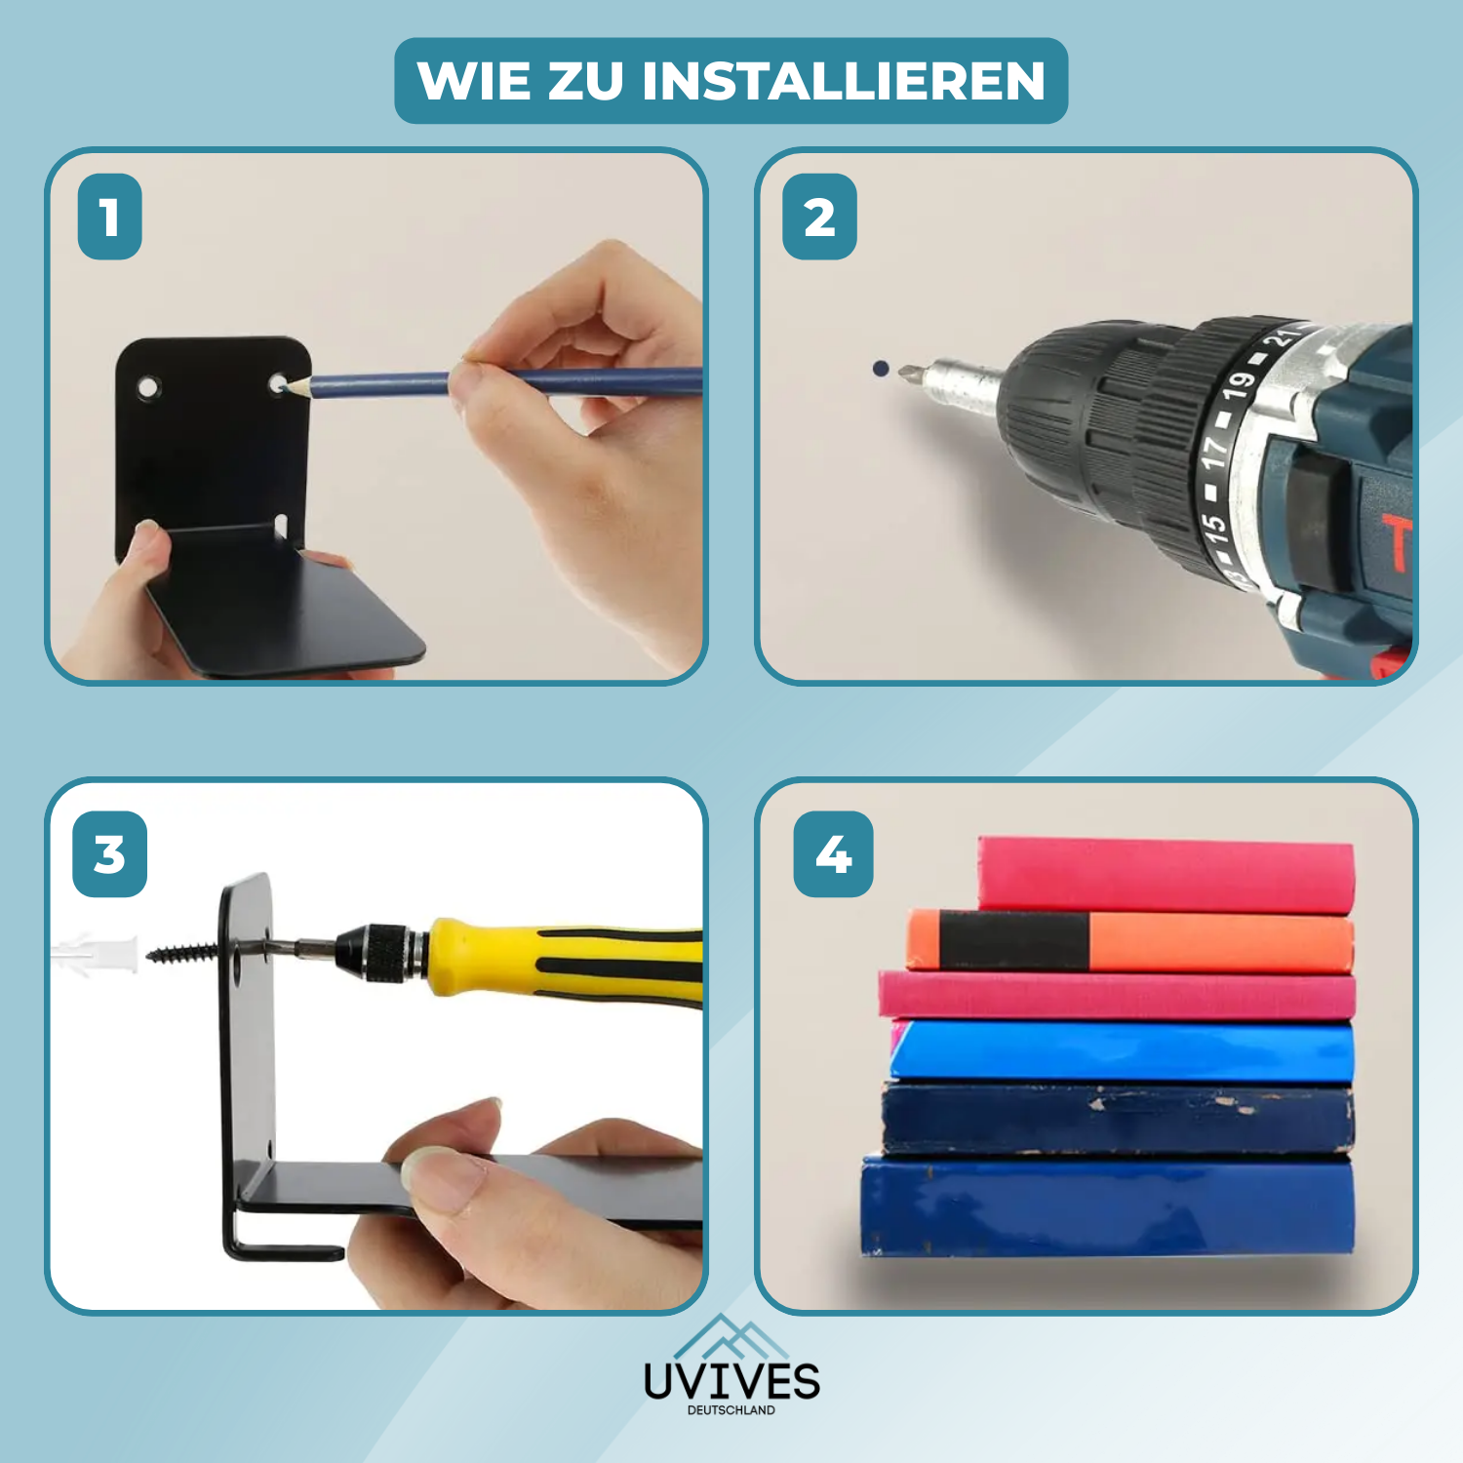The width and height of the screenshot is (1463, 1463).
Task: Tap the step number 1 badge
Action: point(109,217)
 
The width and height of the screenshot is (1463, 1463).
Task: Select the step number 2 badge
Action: point(819,217)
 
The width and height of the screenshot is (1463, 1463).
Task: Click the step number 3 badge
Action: point(109,854)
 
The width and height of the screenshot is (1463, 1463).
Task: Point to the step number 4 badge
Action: point(833,854)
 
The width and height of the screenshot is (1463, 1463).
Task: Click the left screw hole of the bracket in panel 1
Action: point(148,388)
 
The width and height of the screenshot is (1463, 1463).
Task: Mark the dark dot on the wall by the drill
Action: point(881,369)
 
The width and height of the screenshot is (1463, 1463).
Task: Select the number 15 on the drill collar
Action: point(1212,527)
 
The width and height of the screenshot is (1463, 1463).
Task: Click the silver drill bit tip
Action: point(909,372)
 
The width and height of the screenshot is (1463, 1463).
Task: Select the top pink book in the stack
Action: point(1166,875)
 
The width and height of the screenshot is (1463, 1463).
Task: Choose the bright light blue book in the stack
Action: point(1122,1051)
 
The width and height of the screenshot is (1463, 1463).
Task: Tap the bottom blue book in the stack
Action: point(1107,1206)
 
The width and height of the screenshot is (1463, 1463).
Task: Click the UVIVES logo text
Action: point(731,1381)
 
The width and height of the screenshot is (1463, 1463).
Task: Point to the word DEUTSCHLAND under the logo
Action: point(731,1410)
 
